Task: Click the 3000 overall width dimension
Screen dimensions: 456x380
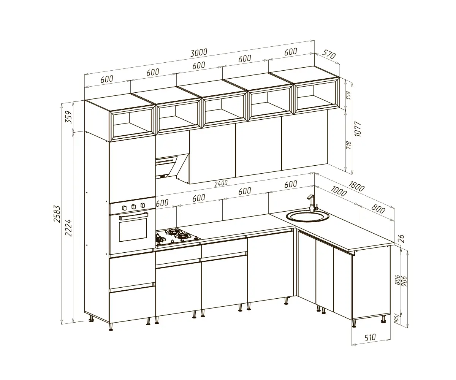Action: click(198, 53)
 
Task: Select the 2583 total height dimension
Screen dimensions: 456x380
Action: click(57, 214)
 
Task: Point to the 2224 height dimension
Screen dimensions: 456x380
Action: click(68, 228)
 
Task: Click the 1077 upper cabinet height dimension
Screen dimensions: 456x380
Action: click(358, 129)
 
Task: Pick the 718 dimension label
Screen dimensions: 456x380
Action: click(348, 145)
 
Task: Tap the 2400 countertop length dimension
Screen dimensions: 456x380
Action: click(221, 183)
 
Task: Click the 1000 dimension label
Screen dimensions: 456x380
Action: click(339, 191)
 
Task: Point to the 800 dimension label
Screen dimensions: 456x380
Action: click(378, 209)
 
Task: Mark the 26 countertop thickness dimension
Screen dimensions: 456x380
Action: click(401, 239)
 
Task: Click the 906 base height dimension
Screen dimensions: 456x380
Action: click(404, 282)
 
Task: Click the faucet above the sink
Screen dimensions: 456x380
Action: click(312, 203)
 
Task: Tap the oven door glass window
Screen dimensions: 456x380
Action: click(133, 229)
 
